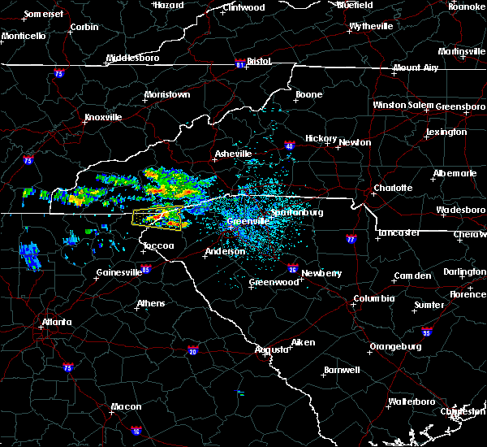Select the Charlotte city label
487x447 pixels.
point(393,188)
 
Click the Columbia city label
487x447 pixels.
point(373,298)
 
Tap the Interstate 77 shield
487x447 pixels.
point(351,240)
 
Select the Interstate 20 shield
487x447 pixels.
point(193,350)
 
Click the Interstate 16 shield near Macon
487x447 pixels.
point(136,431)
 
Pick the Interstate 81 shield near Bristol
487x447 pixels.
point(239,62)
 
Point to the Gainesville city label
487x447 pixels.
point(119,272)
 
